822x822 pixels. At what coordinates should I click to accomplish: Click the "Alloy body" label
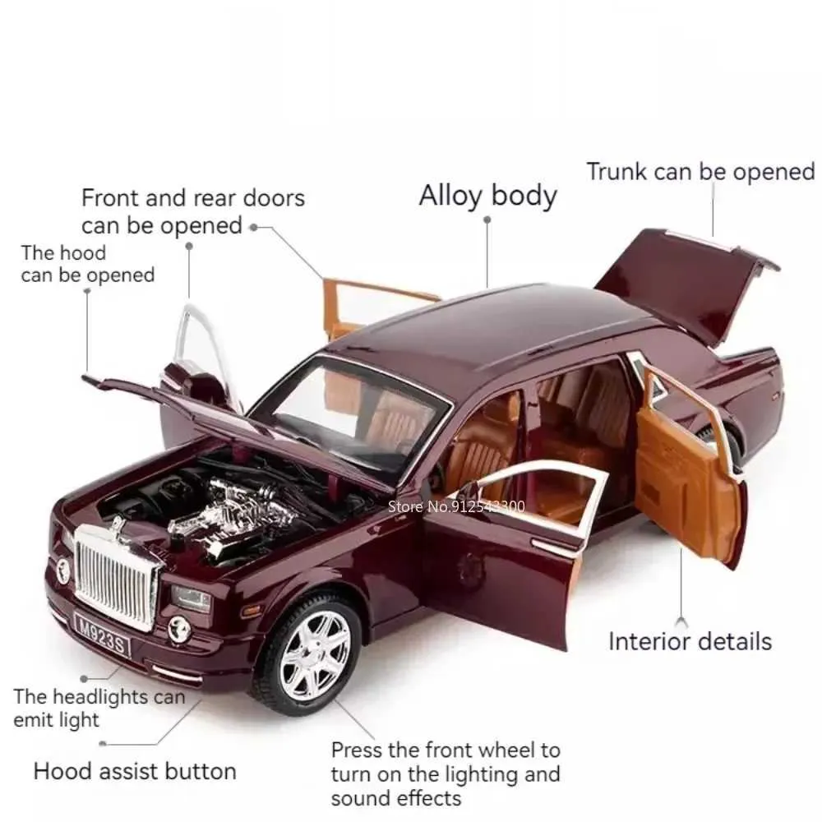coord(487,196)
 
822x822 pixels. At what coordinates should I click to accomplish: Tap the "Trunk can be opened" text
coord(701,172)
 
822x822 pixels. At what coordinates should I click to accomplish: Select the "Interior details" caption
coord(690,641)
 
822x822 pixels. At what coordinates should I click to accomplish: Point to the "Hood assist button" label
coord(135,771)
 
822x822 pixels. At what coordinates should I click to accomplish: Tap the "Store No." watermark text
coord(456,506)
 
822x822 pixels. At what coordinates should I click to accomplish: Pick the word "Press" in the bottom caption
coord(357,750)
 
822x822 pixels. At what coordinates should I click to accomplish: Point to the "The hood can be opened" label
coord(88,264)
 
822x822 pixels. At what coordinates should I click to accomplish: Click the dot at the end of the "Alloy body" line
coord(487,219)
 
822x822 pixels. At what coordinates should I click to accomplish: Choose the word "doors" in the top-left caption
coord(275,198)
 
